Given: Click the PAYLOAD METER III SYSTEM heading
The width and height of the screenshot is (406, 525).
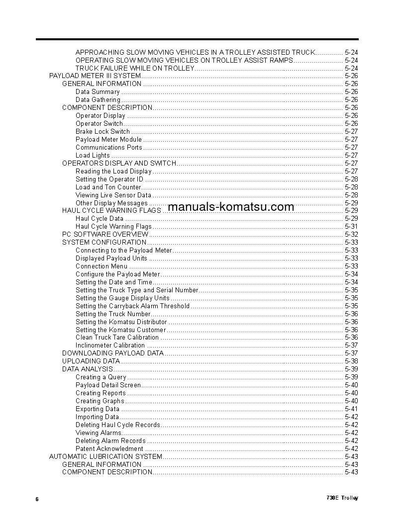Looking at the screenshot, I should pyautogui.click(x=95, y=76).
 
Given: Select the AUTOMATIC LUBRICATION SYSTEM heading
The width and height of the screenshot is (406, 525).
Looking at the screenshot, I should pyautogui.click(x=105, y=456).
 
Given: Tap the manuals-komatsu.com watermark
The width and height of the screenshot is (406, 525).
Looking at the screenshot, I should pyautogui.click(x=231, y=207).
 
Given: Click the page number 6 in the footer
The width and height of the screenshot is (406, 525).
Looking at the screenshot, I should pyautogui.click(x=37, y=499).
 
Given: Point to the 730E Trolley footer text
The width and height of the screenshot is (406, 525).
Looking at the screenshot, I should pyautogui.click(x=342, y=498).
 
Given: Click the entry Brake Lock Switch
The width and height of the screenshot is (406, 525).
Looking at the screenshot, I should pyautogui.click(x=102, y=132).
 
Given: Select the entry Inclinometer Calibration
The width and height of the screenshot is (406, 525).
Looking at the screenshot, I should pyautogui.click(x=110, y=346).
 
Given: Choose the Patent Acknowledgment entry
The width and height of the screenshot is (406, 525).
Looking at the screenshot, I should pyautogui.click(x=109, y=448).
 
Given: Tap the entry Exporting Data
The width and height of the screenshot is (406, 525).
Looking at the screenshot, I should pyautogui.click(x=98, y=409).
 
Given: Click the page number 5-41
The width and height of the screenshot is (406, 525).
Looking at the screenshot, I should pyautogui.click(x=351, y=409).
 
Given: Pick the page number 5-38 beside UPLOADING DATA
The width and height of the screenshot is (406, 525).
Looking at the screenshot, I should pyautogui.click(x=351, y=361).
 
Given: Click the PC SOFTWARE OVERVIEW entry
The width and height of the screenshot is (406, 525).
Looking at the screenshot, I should pyautogui.click(x=105, y=234).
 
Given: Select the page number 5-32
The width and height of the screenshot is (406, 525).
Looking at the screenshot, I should pyautogui.click(x=351, y=234).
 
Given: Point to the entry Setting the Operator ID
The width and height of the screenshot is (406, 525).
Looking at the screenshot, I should pyautogui.click(x=109, y=179).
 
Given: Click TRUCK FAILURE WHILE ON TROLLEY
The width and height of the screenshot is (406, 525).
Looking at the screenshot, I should pyautogui.click(x=134, y=68).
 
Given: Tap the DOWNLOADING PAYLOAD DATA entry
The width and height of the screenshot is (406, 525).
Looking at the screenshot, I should pyautogui.click(x=112, y=353).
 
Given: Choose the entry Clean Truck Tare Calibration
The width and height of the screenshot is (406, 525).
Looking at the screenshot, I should pyautogui.click(x=117, y=338).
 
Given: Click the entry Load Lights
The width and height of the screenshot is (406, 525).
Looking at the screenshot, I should pyautogui.click(x=93, y=156).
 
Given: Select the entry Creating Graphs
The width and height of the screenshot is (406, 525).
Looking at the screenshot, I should pyautogui.click(x=100, y=401).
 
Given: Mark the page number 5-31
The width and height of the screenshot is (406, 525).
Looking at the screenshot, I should pyautogui.click(x=351, y=227).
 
